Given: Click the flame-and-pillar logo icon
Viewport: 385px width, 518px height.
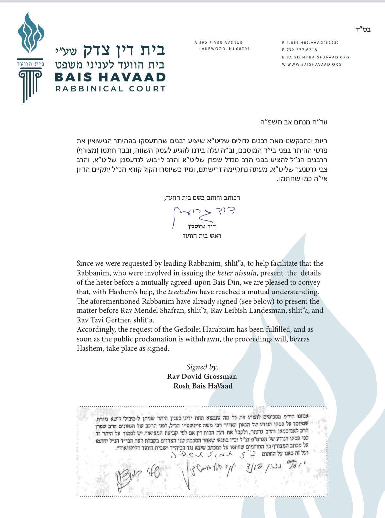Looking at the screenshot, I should (30, 57).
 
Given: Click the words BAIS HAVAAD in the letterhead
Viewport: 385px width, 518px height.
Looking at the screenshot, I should (110, 77).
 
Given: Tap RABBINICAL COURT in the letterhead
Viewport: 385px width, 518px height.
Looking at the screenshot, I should (110, 89).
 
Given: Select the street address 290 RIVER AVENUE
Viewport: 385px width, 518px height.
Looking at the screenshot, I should (221, 42).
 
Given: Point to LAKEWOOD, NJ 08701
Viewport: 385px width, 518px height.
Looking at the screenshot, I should (224, 49).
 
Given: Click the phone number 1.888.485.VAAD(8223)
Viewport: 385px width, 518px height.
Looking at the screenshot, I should (312, 42).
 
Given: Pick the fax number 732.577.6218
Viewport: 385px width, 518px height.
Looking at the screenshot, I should (302, 50).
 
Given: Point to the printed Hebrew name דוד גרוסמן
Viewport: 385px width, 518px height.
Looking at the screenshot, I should (201, 226).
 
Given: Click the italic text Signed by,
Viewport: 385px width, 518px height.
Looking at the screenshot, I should (202, 367).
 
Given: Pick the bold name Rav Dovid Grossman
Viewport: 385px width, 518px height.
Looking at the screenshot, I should (202, 376).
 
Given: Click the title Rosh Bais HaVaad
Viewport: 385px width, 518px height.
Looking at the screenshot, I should (203, 386).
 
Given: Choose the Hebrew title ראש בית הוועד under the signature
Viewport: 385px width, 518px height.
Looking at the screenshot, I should (202, 236).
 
